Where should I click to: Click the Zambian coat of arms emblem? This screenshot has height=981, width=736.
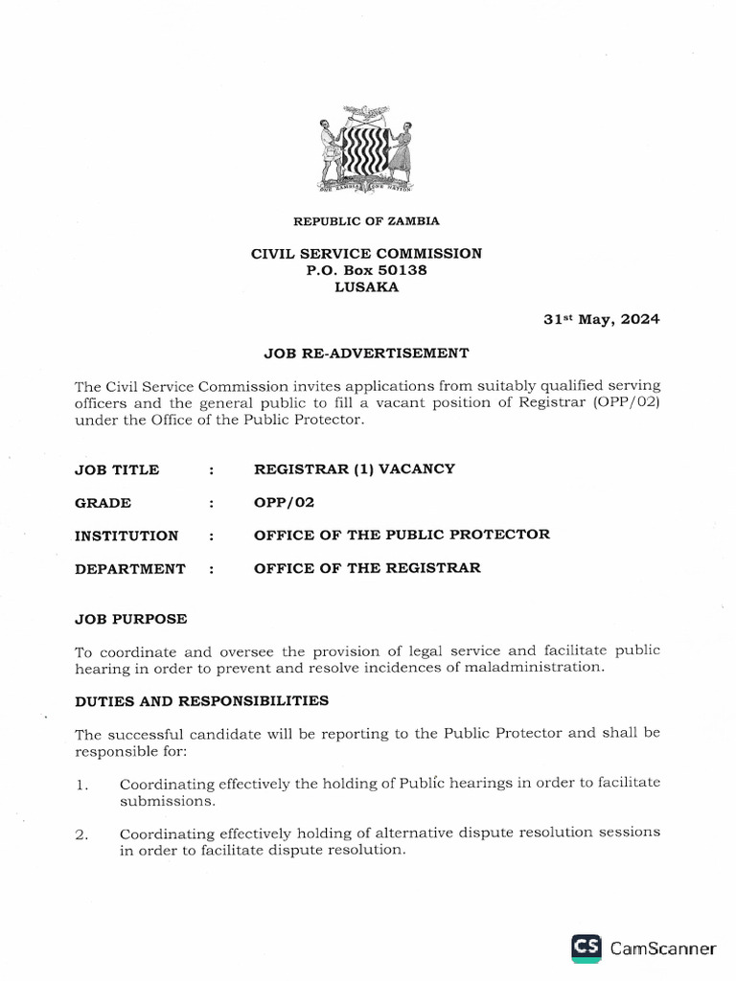366,151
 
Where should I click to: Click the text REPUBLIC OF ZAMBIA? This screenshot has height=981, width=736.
366,221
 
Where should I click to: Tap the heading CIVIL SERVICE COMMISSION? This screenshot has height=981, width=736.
366,254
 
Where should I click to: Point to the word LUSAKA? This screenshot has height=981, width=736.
366,286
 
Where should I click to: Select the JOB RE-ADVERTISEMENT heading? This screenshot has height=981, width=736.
366,353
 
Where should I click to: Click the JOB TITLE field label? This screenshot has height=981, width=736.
117,470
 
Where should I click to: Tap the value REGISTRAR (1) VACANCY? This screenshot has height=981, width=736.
354,469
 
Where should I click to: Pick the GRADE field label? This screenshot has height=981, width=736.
103,503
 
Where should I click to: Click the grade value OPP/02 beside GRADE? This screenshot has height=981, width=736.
284,502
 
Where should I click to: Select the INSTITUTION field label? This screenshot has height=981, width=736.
126,536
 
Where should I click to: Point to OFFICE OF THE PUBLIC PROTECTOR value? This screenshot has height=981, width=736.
402,535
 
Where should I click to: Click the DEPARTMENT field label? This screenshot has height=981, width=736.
129,569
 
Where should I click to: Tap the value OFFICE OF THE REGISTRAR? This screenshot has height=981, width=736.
367,568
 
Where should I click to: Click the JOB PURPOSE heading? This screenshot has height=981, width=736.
130,619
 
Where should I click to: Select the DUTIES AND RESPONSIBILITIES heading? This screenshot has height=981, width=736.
201,700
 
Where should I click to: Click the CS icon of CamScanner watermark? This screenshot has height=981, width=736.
586,947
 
